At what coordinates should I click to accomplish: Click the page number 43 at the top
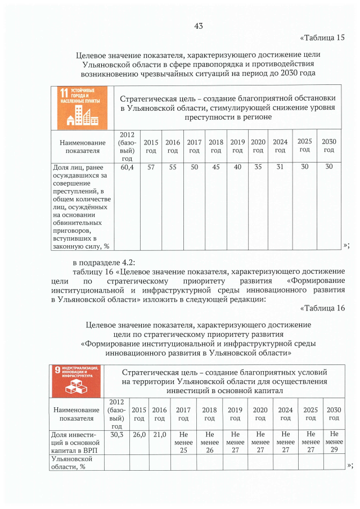(x=198, y=25)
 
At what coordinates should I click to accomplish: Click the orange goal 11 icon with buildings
(x=81, y=106)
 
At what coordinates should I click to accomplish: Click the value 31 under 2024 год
(x=280, y=167)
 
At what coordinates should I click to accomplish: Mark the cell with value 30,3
(x=117, y=435)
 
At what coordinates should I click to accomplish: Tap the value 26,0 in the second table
(x=139, y=435)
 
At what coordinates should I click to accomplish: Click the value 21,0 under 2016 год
(x=160, y=435)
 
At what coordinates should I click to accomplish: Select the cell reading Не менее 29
(x=334, y=443)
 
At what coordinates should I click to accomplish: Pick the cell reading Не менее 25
(x=183, y=443)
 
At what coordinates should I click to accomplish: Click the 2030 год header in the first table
(x=329, y=146)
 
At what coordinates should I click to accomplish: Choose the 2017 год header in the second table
(x=183, y=415)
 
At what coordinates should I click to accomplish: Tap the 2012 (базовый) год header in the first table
(x=127, y=146)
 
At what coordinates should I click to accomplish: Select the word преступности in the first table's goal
(x=209, y=117)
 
